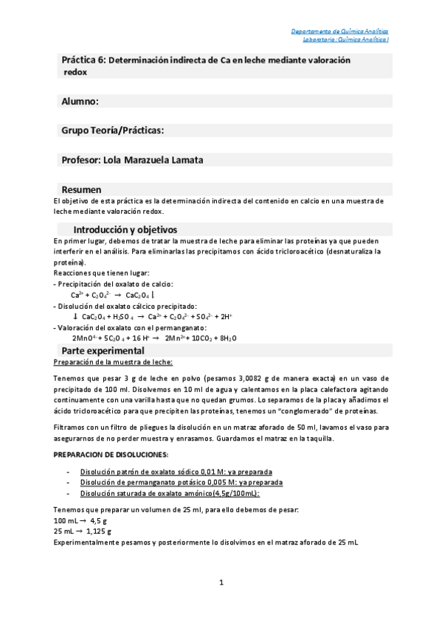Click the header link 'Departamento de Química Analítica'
[x=339, y=32]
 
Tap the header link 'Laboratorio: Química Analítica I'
[x=340, y=40]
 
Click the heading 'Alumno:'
[x=80, y=101]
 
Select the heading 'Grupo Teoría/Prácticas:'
[x=112, y=130]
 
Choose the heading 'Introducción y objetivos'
[x=125, y=229]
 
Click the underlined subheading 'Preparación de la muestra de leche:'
[x=114, y=362]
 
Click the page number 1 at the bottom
[x=221, y=582]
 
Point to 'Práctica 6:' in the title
[x=83, y=60]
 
